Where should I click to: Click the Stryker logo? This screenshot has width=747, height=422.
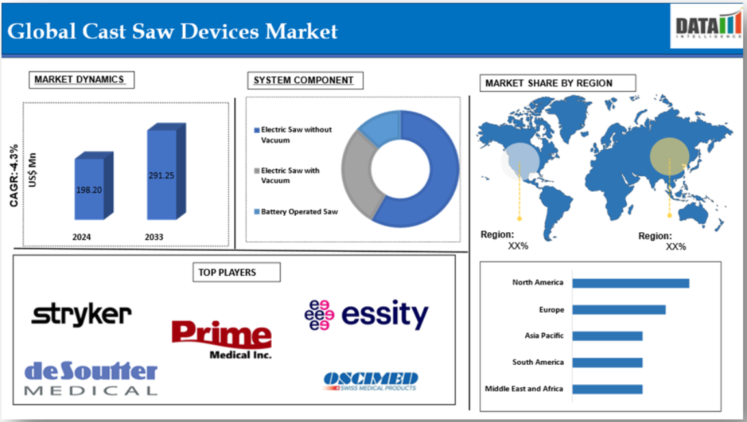click(81, 314)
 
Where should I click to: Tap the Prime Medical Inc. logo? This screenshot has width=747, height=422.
click(222, 339)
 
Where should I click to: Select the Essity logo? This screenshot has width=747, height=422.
click(367, 315)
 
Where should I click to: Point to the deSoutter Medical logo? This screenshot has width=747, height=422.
click(90, 378)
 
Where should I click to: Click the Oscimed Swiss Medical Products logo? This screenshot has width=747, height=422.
click(370, 382)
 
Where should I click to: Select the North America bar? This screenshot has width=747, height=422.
click(631, 284)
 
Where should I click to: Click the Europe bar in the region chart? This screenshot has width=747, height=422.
click(619, 310)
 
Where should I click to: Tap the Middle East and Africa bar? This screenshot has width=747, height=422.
click(607, 389)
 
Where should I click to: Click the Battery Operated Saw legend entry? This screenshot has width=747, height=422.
click(296, 211)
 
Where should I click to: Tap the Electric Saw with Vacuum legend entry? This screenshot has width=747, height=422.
click(287, 176)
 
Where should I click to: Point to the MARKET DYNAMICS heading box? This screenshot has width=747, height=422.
click(81, 79)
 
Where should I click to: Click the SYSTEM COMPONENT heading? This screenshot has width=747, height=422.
click(304, 80)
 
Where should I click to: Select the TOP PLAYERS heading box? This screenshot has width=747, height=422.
click(236, 272)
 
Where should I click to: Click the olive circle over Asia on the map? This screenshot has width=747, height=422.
click(670, 156)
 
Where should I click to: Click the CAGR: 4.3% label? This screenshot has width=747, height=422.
click(14, 176)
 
